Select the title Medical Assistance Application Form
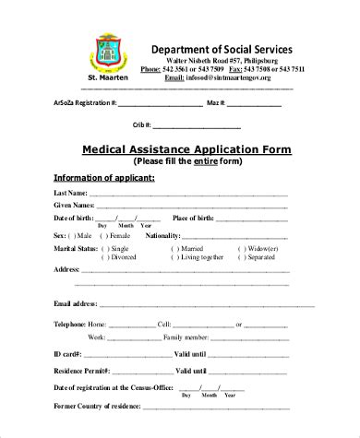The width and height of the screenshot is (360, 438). (x=187, y=148)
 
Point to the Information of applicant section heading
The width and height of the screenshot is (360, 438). (x=103, y=177)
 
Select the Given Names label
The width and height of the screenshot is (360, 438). (x=74, y=205)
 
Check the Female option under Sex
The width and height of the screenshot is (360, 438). (x=118, y=235)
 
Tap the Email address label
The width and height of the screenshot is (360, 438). (x=76, y=303)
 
